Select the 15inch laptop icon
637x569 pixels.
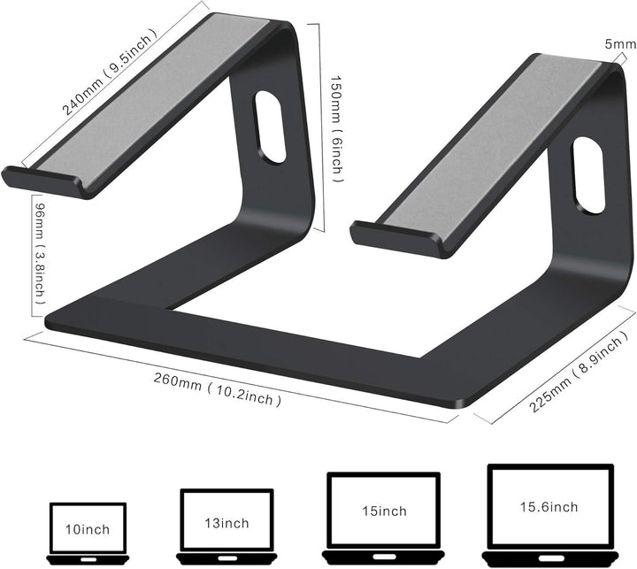[383, 513]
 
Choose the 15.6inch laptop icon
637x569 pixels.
[549, 510]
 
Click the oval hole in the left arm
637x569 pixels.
[269, 128]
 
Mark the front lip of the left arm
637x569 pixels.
[43, 181]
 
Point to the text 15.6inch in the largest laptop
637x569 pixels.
[549, 507]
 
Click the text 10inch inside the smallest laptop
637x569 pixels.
[87, 530]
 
